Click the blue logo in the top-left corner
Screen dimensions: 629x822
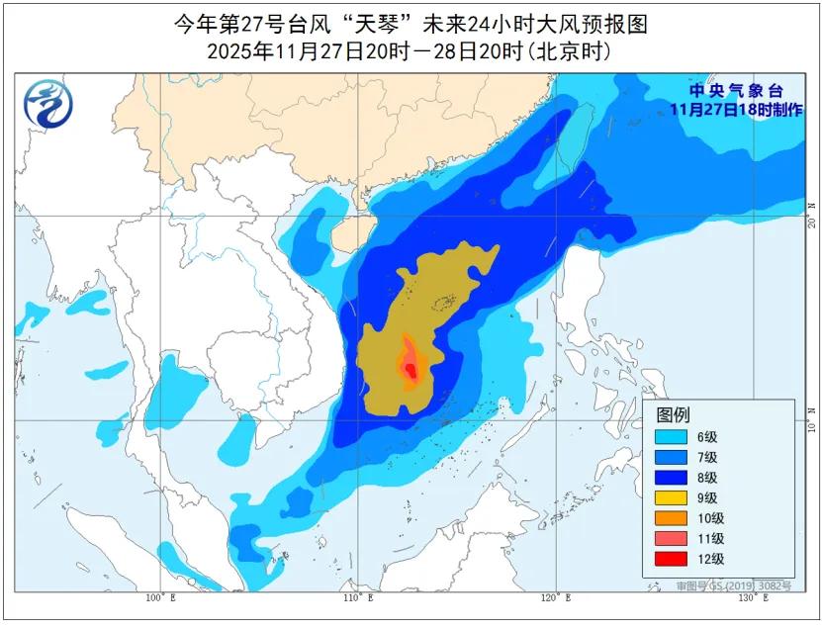(x=46, y=103)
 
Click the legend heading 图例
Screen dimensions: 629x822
(x=674, y=414)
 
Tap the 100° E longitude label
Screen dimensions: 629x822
(x=160, y=598)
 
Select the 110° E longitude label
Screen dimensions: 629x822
(x=358, y=598)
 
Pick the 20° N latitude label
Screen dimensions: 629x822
(x=811, y=216)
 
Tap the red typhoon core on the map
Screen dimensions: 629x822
(x=411, y=370)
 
